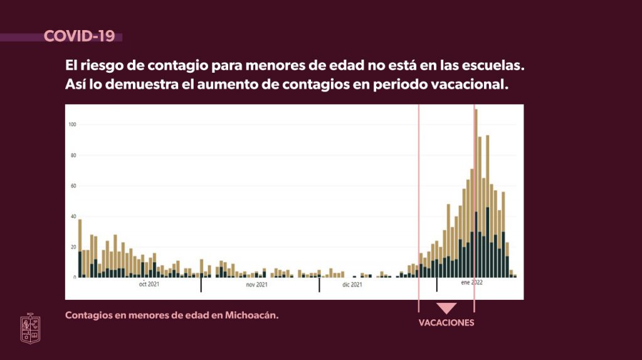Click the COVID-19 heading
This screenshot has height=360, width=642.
click(x=79, y=36)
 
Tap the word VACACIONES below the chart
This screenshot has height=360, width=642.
click(x=446, y=323)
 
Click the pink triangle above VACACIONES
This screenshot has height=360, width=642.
click(x=446, y=308)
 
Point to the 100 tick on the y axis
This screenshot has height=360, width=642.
click(x=72, y=125)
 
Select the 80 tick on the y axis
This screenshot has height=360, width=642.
click(x=73, y=155)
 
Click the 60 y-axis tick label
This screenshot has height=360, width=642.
click(x=73, y=186)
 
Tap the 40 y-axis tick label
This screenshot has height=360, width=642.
click(x=73, y=216)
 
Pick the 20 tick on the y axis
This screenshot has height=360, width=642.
click(x=73, y=247)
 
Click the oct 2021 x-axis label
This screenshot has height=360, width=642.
click(x=149, y=284)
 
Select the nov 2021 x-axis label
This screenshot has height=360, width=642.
click(x=256, y=284)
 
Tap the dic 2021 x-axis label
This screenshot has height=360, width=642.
click(x=352, y=284)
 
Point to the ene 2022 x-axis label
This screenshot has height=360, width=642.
click(x=471, y=283)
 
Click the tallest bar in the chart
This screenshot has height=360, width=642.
click(x=476, y=193)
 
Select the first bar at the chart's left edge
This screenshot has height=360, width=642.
click(x=80, y=248)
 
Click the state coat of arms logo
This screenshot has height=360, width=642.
click(x=30, y=328)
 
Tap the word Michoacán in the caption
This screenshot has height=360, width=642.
click(x=251, y=315)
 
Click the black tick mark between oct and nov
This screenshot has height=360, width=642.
click(x=201, y=285)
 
